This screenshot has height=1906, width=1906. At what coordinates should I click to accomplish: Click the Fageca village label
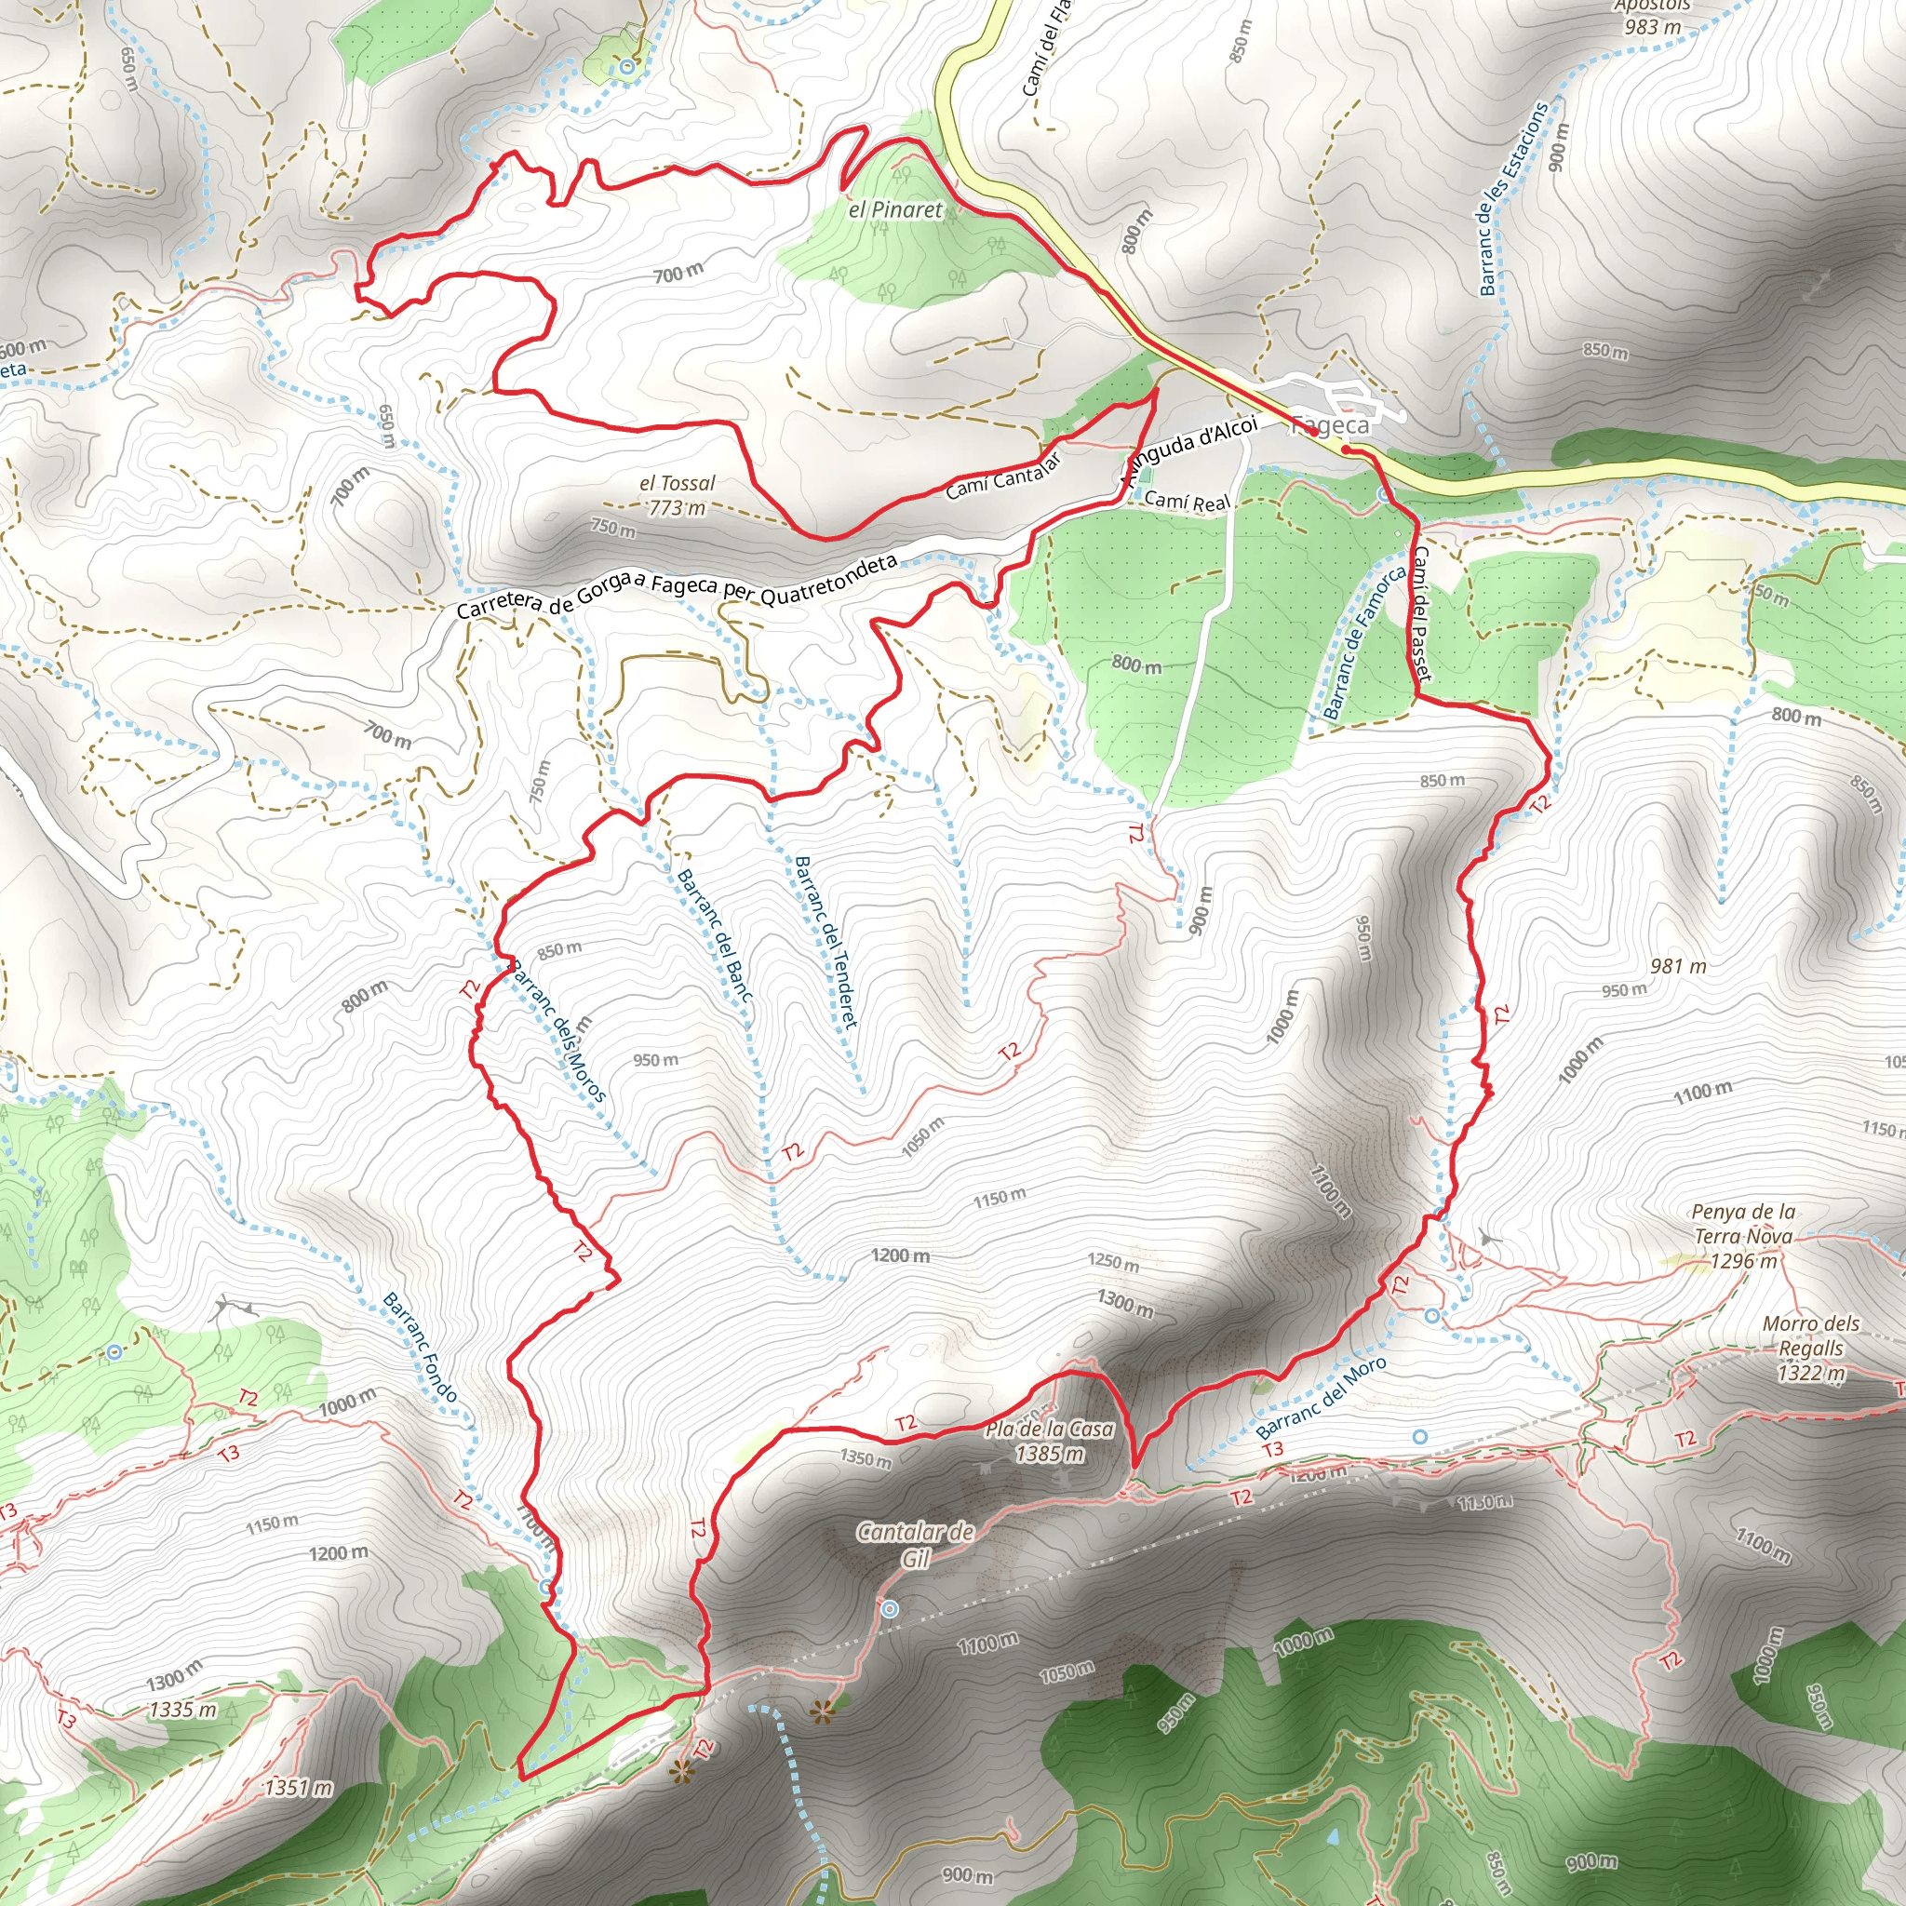click(x=1331, y=425)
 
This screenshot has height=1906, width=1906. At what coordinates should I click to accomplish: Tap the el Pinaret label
click(x=894, y=210)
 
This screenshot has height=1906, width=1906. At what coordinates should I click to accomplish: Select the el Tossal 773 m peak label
click(x=677, y=495)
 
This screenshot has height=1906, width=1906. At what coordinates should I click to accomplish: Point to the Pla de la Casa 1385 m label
click(x=1049, y=1442)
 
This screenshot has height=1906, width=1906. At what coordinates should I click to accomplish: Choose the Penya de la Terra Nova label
click(x=1743, y=1235)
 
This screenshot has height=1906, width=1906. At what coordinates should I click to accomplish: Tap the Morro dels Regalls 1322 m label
click(x=1810, y=1348)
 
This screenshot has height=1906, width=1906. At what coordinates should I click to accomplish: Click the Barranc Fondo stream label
click(x=420, y=1348)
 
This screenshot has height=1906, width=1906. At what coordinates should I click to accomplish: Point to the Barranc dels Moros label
click(x=557, y=1030)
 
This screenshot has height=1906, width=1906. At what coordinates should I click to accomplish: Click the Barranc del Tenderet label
click(x=825, y=941)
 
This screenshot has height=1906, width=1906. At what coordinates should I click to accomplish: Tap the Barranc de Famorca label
click(x=1363, y=642)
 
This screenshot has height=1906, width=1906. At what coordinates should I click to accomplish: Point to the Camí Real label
click(x=1188, y=502)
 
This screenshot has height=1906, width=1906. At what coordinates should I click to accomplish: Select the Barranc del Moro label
click(x=1321, y=1397)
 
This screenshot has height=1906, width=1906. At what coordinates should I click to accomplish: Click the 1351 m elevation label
click(x=298, y=1788)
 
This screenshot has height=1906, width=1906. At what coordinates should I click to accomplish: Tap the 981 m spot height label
click(x=1678, y=966)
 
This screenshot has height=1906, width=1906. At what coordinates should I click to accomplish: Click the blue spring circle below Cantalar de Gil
click(x=890, y=1609)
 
